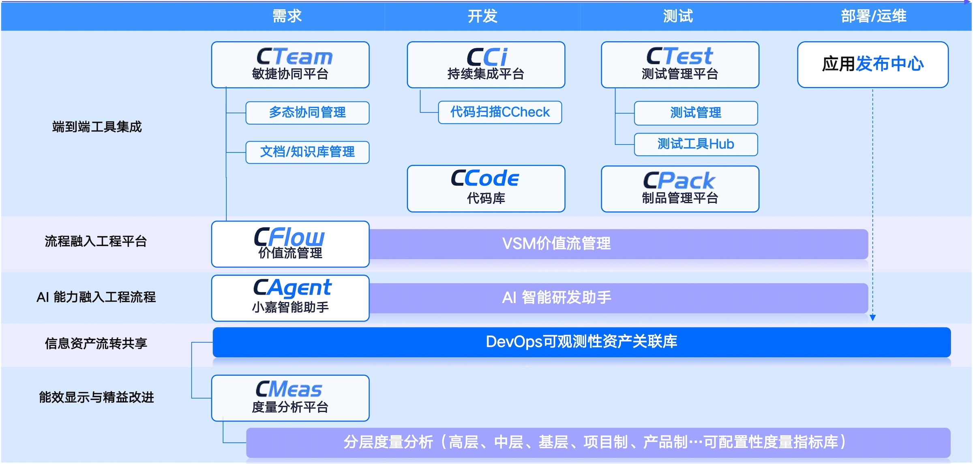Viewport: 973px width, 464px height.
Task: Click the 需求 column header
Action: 287,16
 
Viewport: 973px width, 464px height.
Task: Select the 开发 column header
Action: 482,16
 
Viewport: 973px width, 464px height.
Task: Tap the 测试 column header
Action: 678,16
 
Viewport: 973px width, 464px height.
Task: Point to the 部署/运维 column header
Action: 874,16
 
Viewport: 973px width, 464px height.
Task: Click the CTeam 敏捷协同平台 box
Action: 290,65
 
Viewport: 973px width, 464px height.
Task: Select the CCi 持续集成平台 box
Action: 486,65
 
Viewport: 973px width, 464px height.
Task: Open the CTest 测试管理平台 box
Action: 680,65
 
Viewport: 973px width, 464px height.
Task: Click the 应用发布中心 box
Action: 872,64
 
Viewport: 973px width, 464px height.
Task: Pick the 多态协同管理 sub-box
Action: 307,113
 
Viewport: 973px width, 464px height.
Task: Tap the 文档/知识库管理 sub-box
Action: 307,152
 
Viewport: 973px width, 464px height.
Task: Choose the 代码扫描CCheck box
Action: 500,112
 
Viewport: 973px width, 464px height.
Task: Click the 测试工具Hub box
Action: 696,144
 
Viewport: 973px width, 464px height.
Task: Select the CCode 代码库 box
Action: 486,188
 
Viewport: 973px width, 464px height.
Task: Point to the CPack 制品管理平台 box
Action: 680,189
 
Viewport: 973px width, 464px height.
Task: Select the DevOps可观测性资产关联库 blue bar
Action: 581,342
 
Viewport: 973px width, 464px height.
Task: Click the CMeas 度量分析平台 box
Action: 290,398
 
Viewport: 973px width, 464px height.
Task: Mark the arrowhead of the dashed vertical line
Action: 872,318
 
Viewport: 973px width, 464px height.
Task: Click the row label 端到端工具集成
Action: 97,127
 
